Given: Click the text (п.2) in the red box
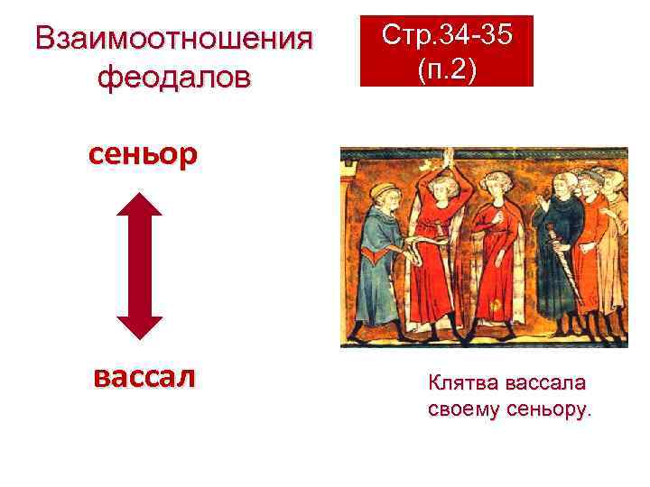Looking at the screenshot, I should click(x=447, y=69).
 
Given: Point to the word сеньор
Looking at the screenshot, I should click(x=142, y=156).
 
